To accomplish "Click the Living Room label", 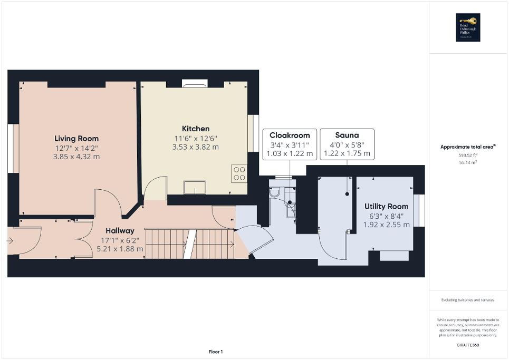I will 76,139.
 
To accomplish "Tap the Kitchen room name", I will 196,129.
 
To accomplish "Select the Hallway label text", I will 119,230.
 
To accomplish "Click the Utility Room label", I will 386,206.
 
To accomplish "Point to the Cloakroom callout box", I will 290,144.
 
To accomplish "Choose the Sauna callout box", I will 347,144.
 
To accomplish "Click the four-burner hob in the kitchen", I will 239,173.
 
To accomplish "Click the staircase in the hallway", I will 190,244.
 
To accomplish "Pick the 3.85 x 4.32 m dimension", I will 76,157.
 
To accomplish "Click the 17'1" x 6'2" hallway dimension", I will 119,240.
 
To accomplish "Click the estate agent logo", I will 468,27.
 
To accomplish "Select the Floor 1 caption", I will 215,352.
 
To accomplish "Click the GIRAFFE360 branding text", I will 468,344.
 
